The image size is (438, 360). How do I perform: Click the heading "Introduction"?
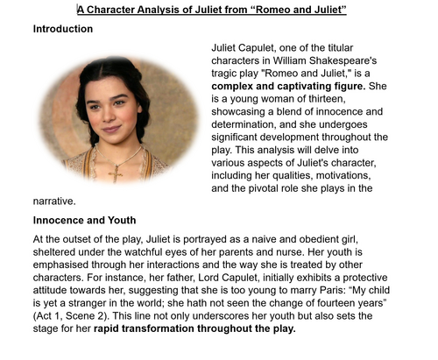coord(62,29)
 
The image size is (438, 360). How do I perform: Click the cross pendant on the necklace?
coord(112,173)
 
